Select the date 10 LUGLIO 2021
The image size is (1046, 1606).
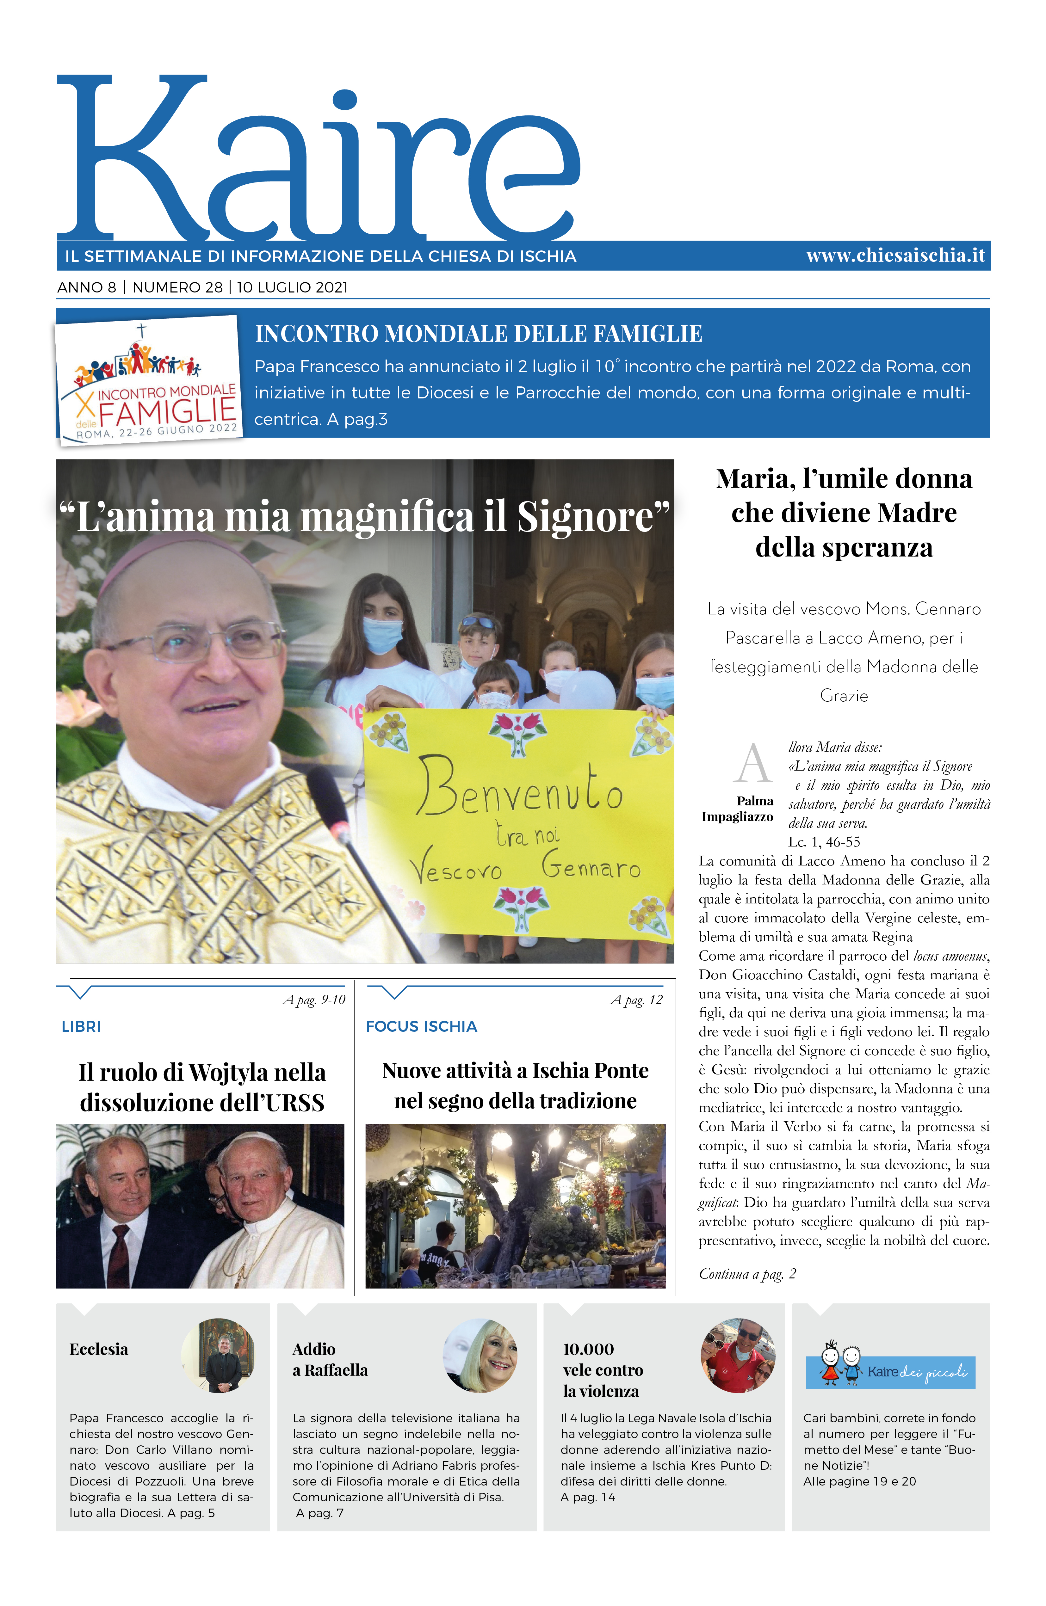pyautogui.click(x=292, y=287)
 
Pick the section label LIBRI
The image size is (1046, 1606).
pyautogui.click(x=81, y=1026)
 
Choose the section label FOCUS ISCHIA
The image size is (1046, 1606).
pyautogui.click(x=421, y=1026)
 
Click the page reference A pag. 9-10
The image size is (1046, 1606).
pyautogui.click(x=314, y=1000)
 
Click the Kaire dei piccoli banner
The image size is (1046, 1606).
pyautogui.click(x=890, y=1372)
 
